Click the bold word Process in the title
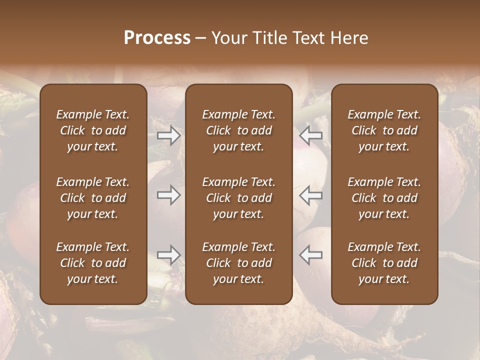click(157, 38)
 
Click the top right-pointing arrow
click(169, 135)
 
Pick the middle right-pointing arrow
click(169, 195)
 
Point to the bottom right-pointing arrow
click(169, 255)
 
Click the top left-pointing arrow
click(311, 135)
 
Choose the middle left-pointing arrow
click(311, 195)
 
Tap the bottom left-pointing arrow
click(311, 255)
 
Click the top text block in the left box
click(93, 130)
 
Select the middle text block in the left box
click(93, 198)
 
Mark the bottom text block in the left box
click(93, 263)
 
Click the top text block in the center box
click(239, 130)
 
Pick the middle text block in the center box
click(239, 198)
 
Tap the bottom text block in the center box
click(239, 263)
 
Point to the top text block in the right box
click(384, 130)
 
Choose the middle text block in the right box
click(384, 198)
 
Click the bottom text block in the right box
click(384, 263)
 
